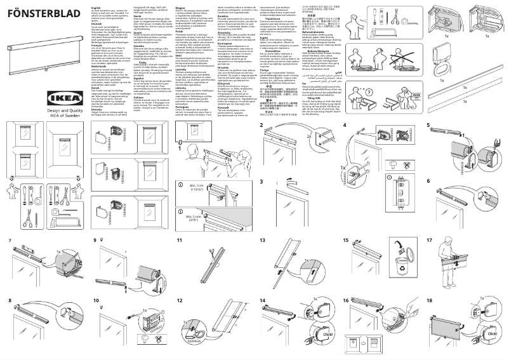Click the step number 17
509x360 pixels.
[x=429, y=241]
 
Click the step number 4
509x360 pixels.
[x=344, y=125]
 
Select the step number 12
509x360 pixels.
[x=180, y=300]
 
